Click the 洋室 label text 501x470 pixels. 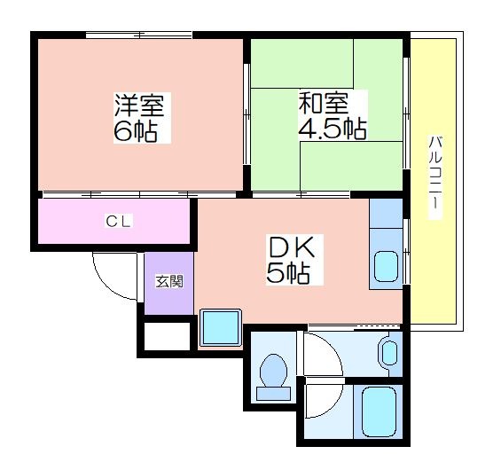pos(139,106)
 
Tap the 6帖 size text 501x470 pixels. pos(137,131)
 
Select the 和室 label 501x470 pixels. pos(324,103)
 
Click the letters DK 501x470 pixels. pos(292,247)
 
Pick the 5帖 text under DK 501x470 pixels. pos(288,273)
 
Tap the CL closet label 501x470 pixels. pos(119,221)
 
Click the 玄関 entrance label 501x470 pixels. pos(169,282)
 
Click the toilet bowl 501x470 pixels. pos(273,371)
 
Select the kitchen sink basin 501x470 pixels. pos(386,266)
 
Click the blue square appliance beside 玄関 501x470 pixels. pos(221,327)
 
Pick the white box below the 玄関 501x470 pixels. pos(168,336)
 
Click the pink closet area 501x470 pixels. pos(114,221)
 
